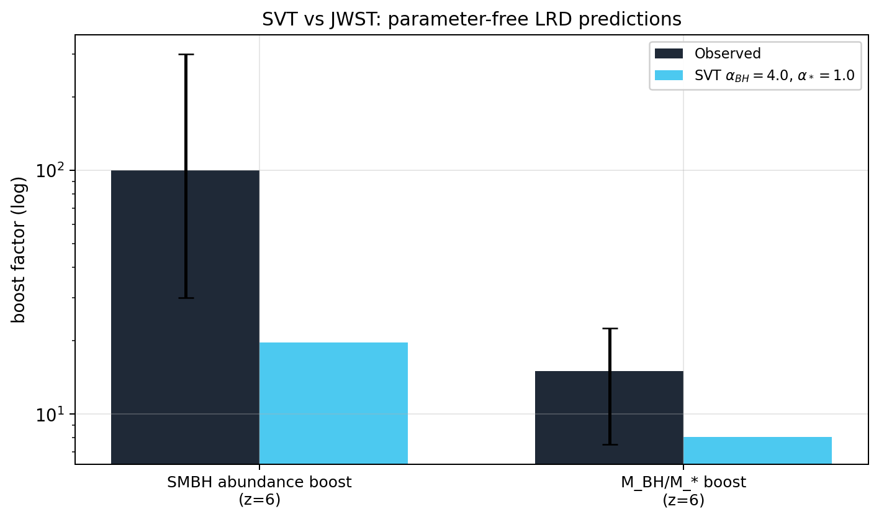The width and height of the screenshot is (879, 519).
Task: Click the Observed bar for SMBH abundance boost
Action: click(185, 317)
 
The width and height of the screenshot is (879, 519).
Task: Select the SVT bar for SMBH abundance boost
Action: click(333, 403)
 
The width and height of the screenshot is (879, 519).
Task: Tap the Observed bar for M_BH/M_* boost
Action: click(609, 417)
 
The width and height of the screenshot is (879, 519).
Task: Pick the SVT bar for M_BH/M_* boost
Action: click(757, 450)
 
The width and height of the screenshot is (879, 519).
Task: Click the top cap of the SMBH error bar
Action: click(186, 54)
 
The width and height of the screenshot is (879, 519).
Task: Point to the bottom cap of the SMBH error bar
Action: click(186, 298)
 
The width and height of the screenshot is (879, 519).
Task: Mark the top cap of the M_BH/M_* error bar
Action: click(610, 328)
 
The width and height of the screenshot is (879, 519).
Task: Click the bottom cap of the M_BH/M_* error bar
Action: click(610, 445)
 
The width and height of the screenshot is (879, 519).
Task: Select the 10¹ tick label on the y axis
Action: click(50, 414)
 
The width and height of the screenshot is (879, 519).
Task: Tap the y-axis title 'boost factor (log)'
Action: click(18, 250)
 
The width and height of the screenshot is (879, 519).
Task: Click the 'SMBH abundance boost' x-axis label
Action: click(259, 482)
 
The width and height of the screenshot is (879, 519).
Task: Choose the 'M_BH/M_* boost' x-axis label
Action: click(683, 482)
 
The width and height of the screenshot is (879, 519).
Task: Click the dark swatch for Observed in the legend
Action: click(669, 53)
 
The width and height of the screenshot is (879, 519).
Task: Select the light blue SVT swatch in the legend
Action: click(669, 75)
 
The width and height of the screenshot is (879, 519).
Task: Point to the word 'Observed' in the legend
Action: click(728, 53)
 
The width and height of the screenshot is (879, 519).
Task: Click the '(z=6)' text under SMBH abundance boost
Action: click(259, 500)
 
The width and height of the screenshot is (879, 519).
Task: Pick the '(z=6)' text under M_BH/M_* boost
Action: click(683, 500)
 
